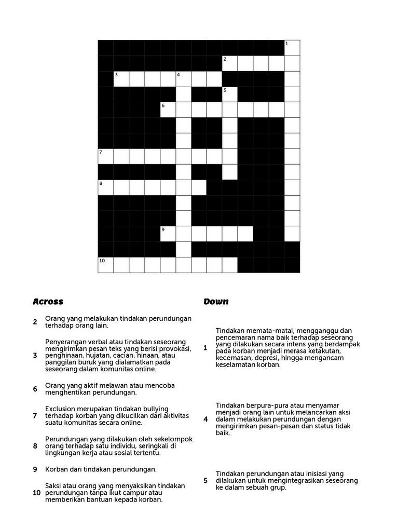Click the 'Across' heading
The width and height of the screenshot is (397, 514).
point(48,302)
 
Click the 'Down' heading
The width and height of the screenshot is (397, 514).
point(216,302)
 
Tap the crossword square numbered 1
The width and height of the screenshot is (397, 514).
point(292,47)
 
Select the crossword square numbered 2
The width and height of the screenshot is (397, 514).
point(230,63)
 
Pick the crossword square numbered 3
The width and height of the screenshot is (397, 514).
point(121,78)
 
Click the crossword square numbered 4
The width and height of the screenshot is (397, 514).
point(183,78)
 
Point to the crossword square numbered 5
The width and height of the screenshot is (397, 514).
point(230,94)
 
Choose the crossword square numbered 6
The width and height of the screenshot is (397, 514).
point(168,110)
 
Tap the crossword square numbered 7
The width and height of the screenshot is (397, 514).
point(105,156)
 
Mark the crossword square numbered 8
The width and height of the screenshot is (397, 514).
point(105,187)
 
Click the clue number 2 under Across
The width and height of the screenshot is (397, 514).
point(35,322)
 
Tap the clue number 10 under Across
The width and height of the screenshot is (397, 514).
point(36,493)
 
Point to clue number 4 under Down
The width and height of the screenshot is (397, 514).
point(206,419)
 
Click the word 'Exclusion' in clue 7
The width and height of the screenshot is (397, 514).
point(60,409)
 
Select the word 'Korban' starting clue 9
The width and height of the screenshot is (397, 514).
point(56,469)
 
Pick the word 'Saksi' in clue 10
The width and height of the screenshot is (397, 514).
point(54,486)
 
